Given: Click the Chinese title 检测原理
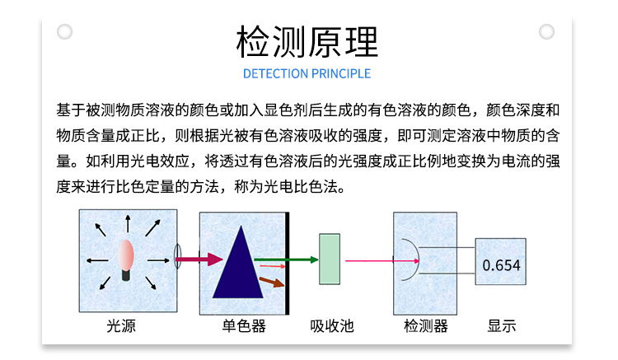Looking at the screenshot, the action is (307, 42).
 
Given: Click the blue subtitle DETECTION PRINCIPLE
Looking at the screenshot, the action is (307, 73).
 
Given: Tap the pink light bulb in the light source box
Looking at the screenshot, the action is (126, 255).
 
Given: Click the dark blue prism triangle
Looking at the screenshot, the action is (238, 262).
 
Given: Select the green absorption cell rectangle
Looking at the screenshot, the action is (330, 259).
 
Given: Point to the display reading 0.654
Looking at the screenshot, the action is (501, 265).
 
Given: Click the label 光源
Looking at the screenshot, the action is (121, 326).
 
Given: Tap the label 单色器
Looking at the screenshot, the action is (244, 326).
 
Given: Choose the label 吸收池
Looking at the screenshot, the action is (332, 326).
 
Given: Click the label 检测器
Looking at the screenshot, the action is (426, 326).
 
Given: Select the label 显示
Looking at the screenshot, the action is (501, 326).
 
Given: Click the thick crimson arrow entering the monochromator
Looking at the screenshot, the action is (199, 259).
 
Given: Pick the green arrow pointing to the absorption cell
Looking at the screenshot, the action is (286, 259).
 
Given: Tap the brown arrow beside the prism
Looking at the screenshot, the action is (272, 282).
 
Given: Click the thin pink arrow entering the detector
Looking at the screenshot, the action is (382, 261).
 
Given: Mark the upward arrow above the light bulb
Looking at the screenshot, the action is (128, 223).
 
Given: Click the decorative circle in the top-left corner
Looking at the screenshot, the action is (64, 31).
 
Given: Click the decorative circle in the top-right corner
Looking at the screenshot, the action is (546, 31).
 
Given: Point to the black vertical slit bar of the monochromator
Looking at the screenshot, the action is (288, 263).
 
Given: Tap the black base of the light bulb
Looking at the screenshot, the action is (126, 274).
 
